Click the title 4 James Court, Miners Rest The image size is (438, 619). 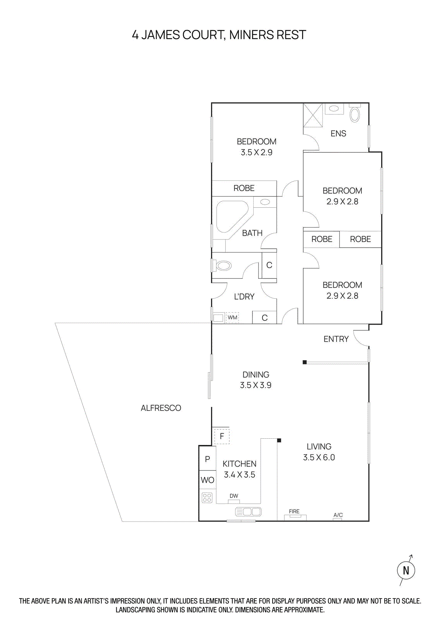click(219, 35)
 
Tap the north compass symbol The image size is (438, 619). click(406, 570)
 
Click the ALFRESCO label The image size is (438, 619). click(161, 408)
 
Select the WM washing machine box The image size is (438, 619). click(232, 318)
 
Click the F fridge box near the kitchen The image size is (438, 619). click(222, 436)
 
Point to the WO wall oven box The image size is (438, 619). click(207, 480)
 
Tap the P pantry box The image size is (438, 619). click(207, 459)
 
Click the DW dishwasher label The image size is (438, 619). click(234, 496)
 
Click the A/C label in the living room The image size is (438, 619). click(338, 515)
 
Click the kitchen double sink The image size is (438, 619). click(249, 512)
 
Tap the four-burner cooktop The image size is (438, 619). click(207, 498)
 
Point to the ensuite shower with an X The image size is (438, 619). click(313, 115)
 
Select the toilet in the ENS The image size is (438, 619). click(355, 115)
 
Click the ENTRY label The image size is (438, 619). click(336, 339)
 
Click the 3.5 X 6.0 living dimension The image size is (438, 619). click(319, 457)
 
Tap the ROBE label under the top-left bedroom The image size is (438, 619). click(244, 188)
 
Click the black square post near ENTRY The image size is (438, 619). click(305, 362)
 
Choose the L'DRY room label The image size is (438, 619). click(244, 297)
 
